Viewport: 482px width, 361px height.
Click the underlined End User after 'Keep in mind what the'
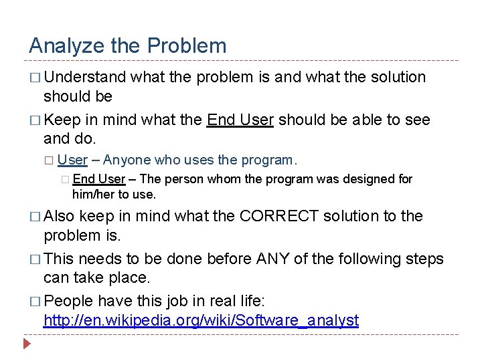pyautogui.click(x=240, y=120)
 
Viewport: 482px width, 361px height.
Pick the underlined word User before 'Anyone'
pyautogui.click(x=72, y=160)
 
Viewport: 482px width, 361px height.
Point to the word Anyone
pyautogui.click(x=127, y=160)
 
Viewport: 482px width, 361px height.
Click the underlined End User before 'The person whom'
pyautogui.click(x=98, y=179)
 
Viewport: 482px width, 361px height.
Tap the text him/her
pyautogui.click(x=91, y=195)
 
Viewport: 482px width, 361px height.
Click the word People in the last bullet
pyautogui.click(x=70, y=302)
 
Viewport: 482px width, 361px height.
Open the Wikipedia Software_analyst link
pyautogui.click(x=201, y=320)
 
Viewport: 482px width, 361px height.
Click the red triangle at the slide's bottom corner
pyautogui.click(x=27, y=346)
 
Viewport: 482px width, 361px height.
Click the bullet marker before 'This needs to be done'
pyautogui.click(x=34, y=259)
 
